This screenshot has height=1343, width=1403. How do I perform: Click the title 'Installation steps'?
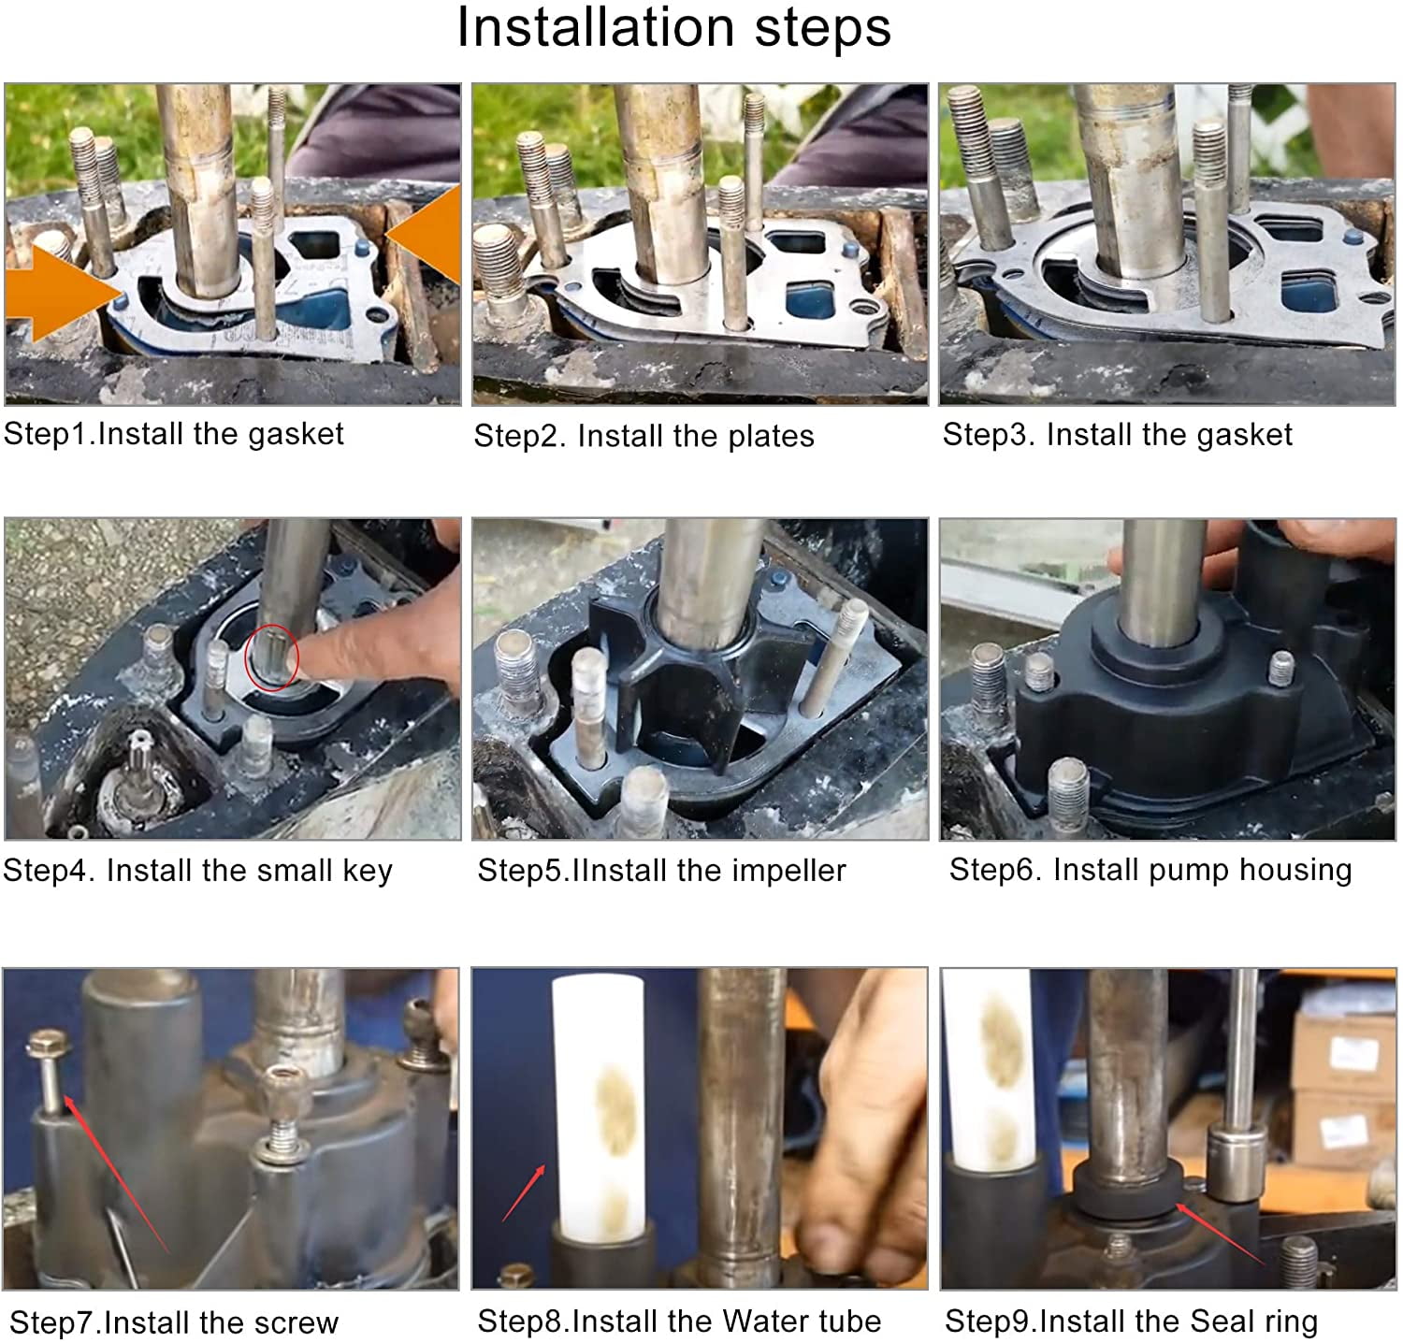click(x=673, y=27)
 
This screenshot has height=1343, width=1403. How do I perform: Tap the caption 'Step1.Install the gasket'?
click(x=174, y=434)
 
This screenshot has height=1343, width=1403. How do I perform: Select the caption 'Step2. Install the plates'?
click(x=644, y=436)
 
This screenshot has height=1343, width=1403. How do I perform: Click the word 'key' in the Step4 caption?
click(x=368, y=871)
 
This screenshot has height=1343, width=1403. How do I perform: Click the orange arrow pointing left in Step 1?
click(x=426, y=234)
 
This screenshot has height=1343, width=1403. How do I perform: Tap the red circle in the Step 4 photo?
click(x=271, y=656)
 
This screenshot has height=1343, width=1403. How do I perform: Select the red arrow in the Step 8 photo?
click(x=524, y=1192)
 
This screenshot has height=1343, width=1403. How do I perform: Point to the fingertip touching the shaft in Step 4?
click(x=313, y=657)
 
